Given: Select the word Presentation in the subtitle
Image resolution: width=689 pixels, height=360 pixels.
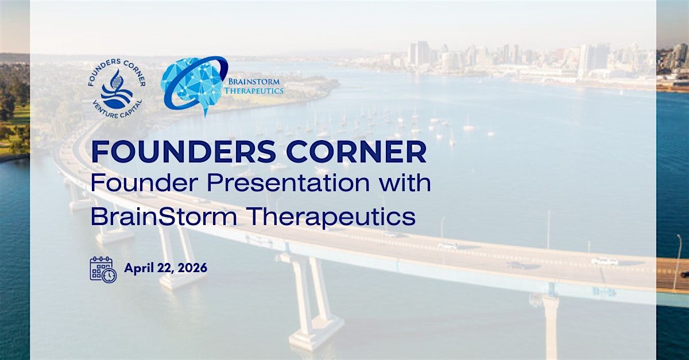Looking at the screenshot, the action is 288,183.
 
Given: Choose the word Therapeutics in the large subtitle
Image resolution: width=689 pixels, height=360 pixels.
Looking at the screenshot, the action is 331,218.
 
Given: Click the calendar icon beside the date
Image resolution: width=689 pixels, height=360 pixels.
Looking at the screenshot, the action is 103,269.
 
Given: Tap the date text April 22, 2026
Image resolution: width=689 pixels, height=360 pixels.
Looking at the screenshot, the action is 166,268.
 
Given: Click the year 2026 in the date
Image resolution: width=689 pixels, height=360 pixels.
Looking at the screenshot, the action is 192,268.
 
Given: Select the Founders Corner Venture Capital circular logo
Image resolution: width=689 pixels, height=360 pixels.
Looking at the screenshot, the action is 117,88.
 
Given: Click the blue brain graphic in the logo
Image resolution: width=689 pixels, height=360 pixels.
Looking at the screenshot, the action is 195,86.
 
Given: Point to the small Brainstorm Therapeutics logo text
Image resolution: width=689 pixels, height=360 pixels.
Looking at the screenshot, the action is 254,86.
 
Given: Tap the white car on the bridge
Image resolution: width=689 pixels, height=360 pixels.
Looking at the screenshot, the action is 605,261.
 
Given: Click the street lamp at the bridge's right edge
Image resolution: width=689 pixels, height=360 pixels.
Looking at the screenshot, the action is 677,262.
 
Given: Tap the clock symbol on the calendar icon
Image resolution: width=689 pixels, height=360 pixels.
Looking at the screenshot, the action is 110,276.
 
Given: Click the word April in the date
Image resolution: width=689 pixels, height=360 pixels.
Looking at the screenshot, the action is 139,269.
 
